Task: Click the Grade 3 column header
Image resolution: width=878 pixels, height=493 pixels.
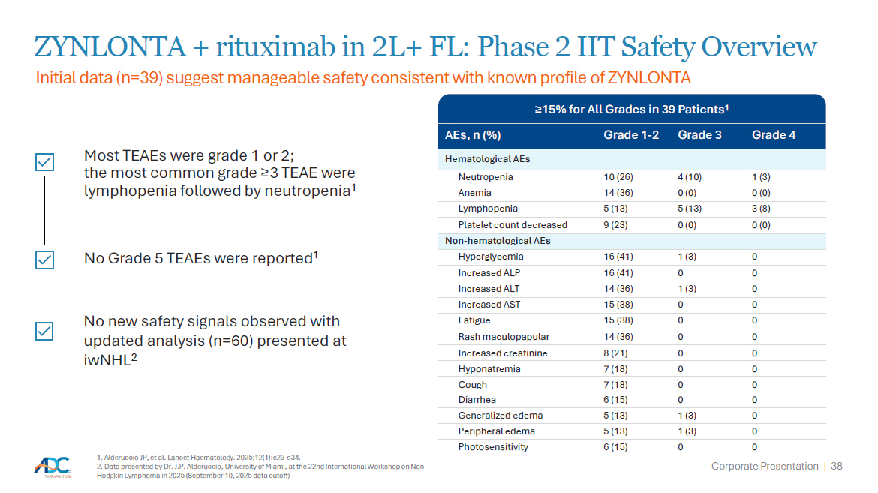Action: (x=699, y=135)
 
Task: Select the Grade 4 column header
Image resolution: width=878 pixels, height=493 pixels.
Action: (x=773, y=135)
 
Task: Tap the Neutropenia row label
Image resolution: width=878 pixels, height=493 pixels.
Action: (x=486, y=177)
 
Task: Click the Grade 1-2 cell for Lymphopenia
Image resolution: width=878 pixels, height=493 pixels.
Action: (x=615, y=209)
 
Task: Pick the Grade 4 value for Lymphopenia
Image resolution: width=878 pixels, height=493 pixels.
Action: (x=761, y=209)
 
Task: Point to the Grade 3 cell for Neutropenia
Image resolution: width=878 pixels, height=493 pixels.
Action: (x=690, y=177)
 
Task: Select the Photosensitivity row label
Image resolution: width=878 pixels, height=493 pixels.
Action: (x=493, y=447)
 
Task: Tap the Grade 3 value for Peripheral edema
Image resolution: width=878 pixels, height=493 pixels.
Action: (x=687, y=431)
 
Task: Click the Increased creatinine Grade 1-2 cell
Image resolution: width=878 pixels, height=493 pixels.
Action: (x=615, y=353)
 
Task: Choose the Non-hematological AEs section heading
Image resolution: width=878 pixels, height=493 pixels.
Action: (x=498, y=241)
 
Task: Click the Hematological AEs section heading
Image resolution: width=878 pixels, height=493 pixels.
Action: (x=487, y=159)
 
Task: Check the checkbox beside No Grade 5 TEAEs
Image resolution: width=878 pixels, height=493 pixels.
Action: (x=44, y=260)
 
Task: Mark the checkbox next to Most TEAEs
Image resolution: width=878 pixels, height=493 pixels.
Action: (x=44, y=163)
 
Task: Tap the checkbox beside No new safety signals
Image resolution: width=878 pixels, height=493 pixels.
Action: (x=44, y=331)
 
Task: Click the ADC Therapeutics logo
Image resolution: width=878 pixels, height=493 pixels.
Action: (x=53, y=467)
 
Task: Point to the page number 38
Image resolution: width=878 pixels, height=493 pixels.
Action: (x=837, y=466)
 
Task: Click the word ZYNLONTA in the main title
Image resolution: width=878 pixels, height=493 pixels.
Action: (x=110, y=47)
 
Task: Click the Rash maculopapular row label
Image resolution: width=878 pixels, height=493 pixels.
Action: (x=504, y=337)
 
